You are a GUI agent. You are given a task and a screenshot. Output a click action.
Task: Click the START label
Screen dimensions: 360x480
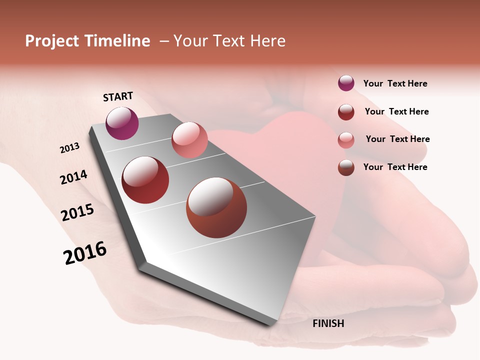coord(118,96)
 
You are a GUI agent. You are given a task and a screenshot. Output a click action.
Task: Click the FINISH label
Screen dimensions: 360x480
coord(328,323)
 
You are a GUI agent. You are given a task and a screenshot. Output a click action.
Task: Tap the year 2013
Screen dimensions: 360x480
coord(69,148)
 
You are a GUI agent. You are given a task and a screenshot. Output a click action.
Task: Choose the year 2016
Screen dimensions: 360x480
coord(85,253)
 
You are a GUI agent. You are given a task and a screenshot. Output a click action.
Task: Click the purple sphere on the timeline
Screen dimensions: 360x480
coord(122,123)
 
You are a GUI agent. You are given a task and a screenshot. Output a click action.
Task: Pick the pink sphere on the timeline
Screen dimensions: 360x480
coord(189,140)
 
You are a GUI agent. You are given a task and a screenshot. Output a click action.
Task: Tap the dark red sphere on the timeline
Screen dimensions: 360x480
coord(145,180)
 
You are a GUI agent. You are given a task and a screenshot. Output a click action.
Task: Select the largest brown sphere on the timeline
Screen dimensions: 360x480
coord(216,207)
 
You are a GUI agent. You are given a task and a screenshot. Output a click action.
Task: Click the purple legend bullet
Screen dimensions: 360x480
coord(346,83)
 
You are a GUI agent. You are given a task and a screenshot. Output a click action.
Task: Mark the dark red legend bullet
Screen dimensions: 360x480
coord(346,112)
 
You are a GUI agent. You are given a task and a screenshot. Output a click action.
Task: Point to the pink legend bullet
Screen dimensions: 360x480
coord(346,140)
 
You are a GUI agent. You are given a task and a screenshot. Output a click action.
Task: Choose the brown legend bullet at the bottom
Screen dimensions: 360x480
coord(346,167)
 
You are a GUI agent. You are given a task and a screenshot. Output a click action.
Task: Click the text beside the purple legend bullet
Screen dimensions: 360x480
coord(395,84)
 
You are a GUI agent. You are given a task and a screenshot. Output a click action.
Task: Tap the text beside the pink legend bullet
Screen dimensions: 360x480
coord(397,139)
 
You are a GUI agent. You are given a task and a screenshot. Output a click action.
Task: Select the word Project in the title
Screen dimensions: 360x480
coord(52,41)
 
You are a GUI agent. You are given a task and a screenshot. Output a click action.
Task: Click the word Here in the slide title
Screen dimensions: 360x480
coord(265,41)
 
